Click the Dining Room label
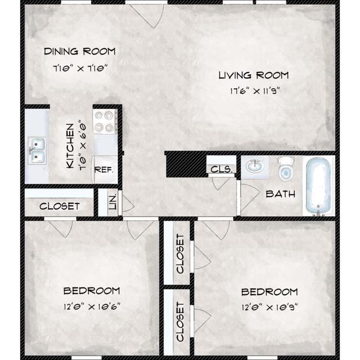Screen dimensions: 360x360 80,51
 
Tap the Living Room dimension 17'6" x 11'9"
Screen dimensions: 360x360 255,91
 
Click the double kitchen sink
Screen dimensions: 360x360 37,150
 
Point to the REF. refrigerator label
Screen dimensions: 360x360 104,170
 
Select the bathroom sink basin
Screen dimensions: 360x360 255,166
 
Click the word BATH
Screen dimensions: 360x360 280,194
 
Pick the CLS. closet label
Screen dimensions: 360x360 222,169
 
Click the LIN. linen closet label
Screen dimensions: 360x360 112,201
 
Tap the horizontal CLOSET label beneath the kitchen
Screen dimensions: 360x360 60,206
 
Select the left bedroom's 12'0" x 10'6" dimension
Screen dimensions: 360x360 92,306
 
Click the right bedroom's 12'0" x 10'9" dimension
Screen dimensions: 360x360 270,307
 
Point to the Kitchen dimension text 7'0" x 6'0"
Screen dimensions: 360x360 83,144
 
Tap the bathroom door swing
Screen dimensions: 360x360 250,197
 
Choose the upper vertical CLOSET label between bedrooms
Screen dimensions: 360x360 180,254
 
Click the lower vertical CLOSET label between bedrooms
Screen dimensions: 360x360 180,322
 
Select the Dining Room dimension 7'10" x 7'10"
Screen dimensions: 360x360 80,68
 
